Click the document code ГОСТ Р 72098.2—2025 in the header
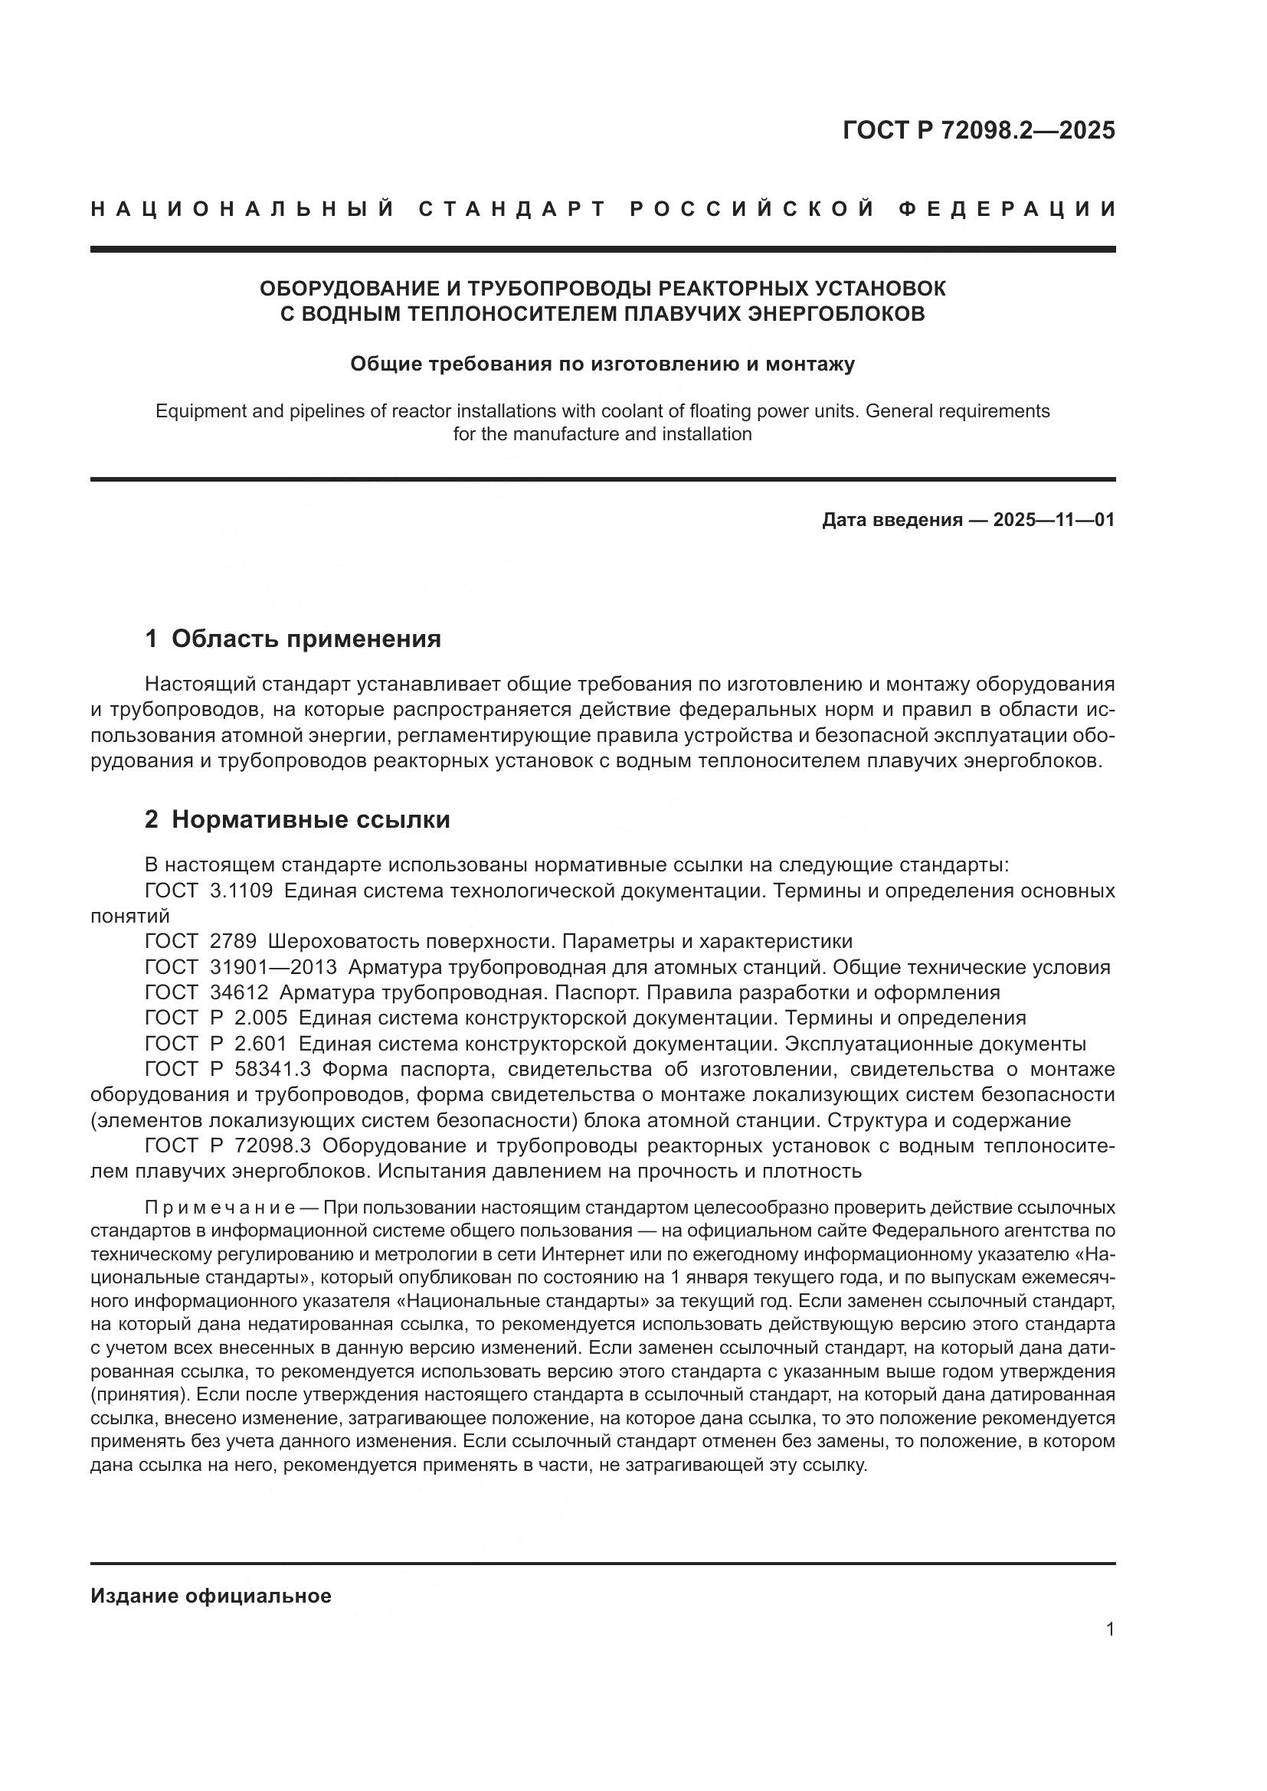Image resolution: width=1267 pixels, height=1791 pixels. pos(978,130)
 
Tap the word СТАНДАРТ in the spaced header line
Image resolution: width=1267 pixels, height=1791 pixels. pos(512,209)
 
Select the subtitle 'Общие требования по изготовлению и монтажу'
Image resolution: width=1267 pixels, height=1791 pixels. pos(602,364)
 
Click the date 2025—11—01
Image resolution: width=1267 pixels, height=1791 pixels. pos(1053,520)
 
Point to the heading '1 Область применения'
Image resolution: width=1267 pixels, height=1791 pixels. pos(293,639)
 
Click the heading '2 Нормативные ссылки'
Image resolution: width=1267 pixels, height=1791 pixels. pos(297,820)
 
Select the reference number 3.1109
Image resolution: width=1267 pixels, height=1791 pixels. pos(241,891)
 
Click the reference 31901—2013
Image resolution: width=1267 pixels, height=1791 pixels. pos(273,967)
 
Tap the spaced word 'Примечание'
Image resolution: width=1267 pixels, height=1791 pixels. pos(219,1208)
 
